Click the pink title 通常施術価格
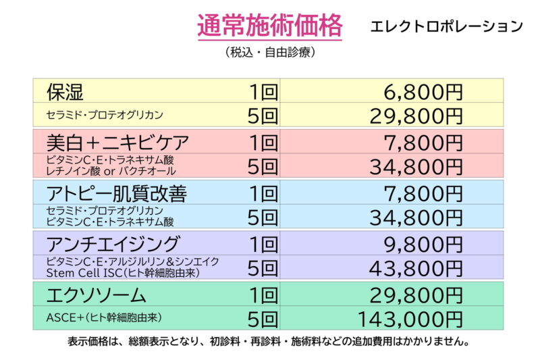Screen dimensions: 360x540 pos(270,26)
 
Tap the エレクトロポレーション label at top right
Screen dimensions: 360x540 pos(447,26)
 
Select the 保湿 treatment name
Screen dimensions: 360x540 pos(65,91)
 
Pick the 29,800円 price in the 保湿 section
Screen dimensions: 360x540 pos(416,115)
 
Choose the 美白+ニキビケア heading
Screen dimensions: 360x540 pos(117,142)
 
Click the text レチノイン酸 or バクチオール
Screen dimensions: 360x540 pos(111,171)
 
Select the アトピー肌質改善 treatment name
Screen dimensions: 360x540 pos(116,193)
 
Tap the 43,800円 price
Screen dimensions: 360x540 pos(416,268)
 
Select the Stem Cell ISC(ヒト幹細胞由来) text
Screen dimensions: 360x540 pos(113,273)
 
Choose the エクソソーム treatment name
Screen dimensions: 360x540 pos(96,294)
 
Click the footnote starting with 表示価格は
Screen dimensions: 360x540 pos(270,342)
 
